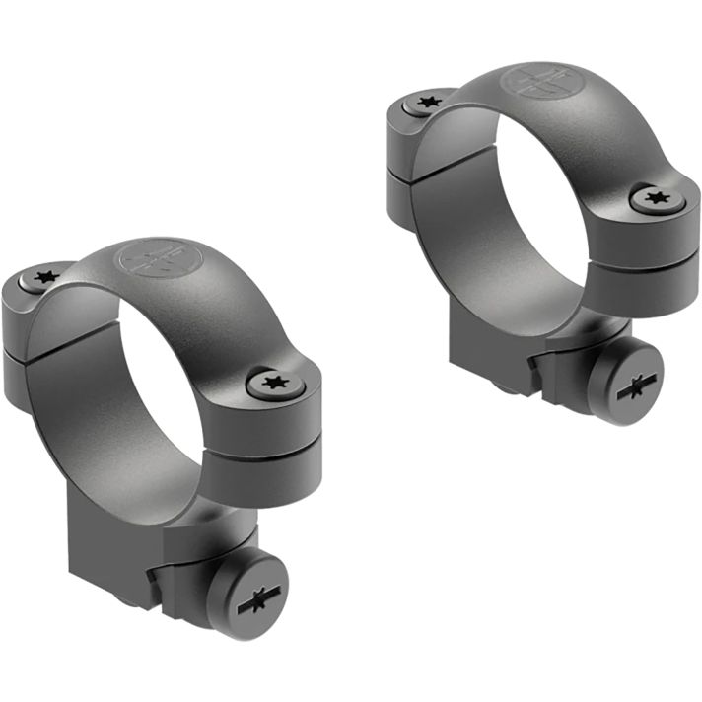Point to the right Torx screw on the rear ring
point(653,199)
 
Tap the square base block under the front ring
point(148,552)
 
